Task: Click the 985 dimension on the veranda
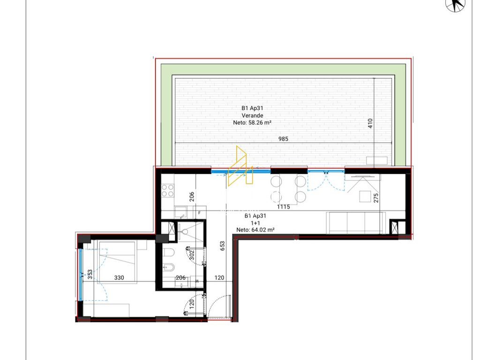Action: coord(283,139)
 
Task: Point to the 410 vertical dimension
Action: coord(370,123)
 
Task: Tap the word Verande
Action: coord(252,115)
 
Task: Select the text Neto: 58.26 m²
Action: coord(252,122)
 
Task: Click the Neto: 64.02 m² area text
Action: coord(255,230)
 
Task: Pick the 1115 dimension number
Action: coord(284,207)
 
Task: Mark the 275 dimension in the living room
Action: coord(376,197)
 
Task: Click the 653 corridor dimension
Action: coord(222,246)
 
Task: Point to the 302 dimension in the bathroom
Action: coord(192,255)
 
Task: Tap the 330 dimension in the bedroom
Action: coord(119,277)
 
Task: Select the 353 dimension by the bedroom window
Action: coord(90,274)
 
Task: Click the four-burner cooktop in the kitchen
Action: coord(168,190)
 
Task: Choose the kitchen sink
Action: coord(180,212)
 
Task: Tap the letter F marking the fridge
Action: coord(199,213)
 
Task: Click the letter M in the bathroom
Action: coord(197,281)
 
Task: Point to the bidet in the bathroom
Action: coord(169,268)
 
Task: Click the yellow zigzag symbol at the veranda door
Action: coord(240,166)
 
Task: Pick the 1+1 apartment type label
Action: coord(255,223)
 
